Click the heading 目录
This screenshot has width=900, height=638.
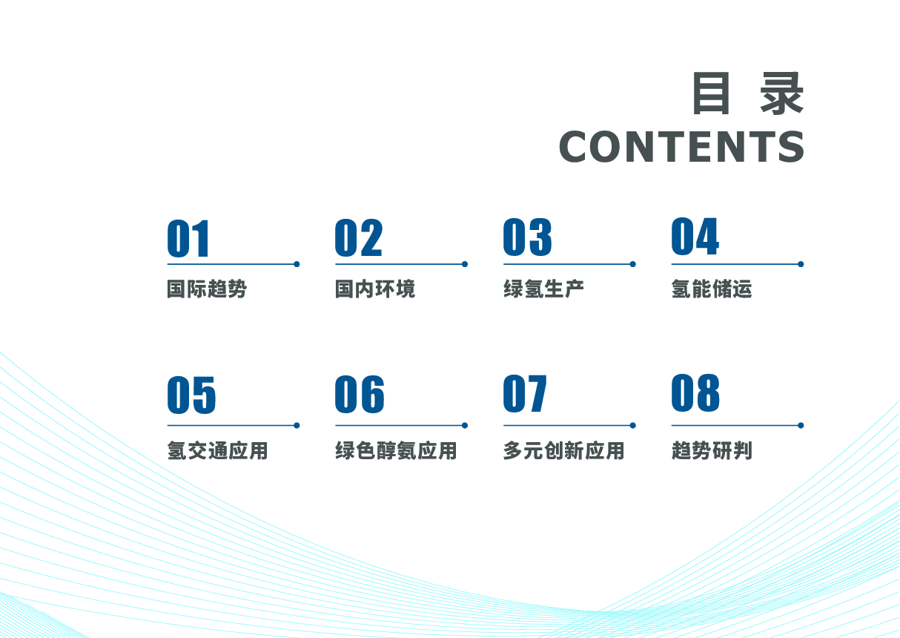click(748, 93)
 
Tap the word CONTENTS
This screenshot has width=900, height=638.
click(682, 147)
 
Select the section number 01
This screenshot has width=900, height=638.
click(188, 238)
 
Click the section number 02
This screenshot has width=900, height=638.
click(358, 237)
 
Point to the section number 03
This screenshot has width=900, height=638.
click(527, 237)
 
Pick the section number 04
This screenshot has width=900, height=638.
click(695, 236)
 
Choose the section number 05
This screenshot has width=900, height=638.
click(191, 395)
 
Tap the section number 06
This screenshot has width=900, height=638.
click(360, 394)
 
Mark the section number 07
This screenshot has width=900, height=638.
click(525, 393)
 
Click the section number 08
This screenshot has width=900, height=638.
click(695, 392)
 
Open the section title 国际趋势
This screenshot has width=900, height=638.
click(207, 289)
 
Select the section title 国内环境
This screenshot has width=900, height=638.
click(375, 289)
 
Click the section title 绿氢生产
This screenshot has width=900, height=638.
click(543, 289)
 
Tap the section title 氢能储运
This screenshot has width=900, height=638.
click(712, 289)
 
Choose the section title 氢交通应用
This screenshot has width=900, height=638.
click(217, 450)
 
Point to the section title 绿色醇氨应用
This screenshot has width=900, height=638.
click(396, 450)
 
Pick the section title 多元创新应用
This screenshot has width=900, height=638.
click(563, 450)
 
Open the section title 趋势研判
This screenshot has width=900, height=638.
click(712, 450)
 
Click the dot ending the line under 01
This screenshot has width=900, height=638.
click(297, 264)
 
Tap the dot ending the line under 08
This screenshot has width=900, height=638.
click(801, 425)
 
